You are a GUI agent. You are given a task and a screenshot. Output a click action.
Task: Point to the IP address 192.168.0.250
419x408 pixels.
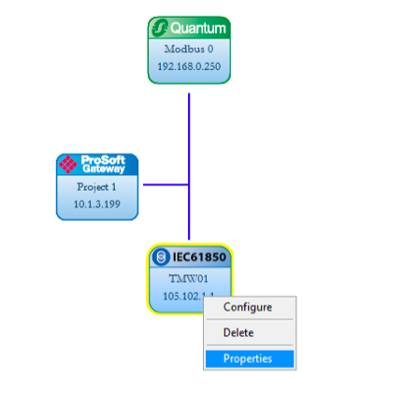point(189,66)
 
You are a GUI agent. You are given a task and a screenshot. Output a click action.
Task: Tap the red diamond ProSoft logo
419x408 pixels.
point(69,165)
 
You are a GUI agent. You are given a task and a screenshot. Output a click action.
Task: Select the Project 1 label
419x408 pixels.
point(96,186)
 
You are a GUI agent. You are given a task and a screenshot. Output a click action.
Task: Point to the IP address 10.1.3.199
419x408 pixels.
point(96,203)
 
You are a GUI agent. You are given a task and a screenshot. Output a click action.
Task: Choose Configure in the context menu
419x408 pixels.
point(248,308)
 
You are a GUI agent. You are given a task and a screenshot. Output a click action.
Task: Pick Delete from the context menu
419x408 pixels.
point(238,333)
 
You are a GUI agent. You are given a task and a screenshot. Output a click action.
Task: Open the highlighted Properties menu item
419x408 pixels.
point(248,358)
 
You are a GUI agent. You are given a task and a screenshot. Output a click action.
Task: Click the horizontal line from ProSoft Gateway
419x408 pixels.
point(165,184)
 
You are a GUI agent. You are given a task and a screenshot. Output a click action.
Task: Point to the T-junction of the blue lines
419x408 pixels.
point(189,184)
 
